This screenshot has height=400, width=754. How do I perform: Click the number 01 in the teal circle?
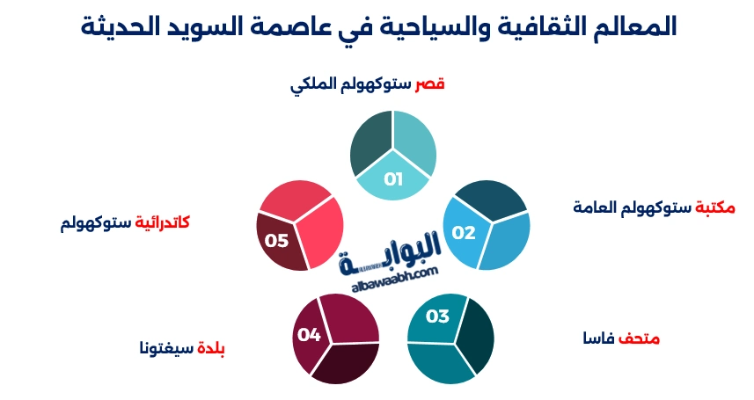[x=392, y=179]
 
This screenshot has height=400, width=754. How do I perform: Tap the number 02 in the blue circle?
[x=464, y=233]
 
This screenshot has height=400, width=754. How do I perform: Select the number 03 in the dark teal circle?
[x=437, y=316]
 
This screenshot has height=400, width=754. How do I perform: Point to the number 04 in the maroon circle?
[x=309, y=334]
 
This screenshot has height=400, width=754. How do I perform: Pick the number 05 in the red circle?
[x=277, y=240]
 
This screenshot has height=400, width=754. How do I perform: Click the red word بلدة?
[x=210, y=346]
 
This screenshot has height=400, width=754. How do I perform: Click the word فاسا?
[x=599, y=338]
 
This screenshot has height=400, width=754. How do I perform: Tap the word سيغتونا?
[x=165, y=346]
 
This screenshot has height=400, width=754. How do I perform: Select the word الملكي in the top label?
[x=313, y=84]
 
